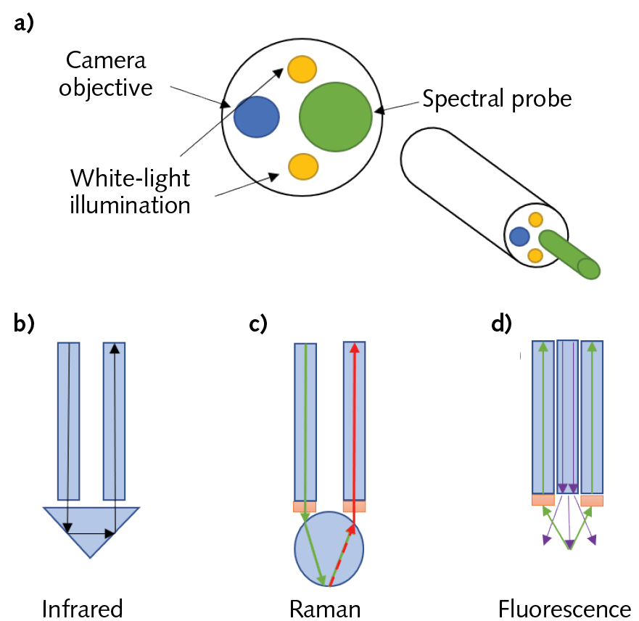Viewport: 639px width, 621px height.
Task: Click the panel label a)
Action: [x=25, y=23]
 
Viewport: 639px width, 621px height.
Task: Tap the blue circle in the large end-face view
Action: [x=257, y=117]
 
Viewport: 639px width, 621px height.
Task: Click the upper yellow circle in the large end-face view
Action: [x=302, y=69]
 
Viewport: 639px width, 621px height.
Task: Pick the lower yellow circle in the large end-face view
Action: [x=302, y=166]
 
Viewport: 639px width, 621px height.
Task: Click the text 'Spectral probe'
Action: [x=497, y=99]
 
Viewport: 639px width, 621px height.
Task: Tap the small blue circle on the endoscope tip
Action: [x=519, y=236]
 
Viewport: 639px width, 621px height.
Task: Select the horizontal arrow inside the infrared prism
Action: [x=91, y=533]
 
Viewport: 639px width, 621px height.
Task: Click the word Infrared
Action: [x=82, y=607]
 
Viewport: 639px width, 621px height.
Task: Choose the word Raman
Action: [x=324, y=607]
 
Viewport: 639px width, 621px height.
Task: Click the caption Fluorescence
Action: [x=564, y=607]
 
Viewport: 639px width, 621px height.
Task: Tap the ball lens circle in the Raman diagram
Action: [x=329, y=548]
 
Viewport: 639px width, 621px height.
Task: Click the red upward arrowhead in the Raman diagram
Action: [x=355, y=347]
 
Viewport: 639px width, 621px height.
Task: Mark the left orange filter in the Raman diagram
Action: [x=305, y=506]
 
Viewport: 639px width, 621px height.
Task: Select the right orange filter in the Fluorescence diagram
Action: [x=592, y=501]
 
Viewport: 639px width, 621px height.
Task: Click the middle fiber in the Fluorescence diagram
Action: [x=567, y=414]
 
